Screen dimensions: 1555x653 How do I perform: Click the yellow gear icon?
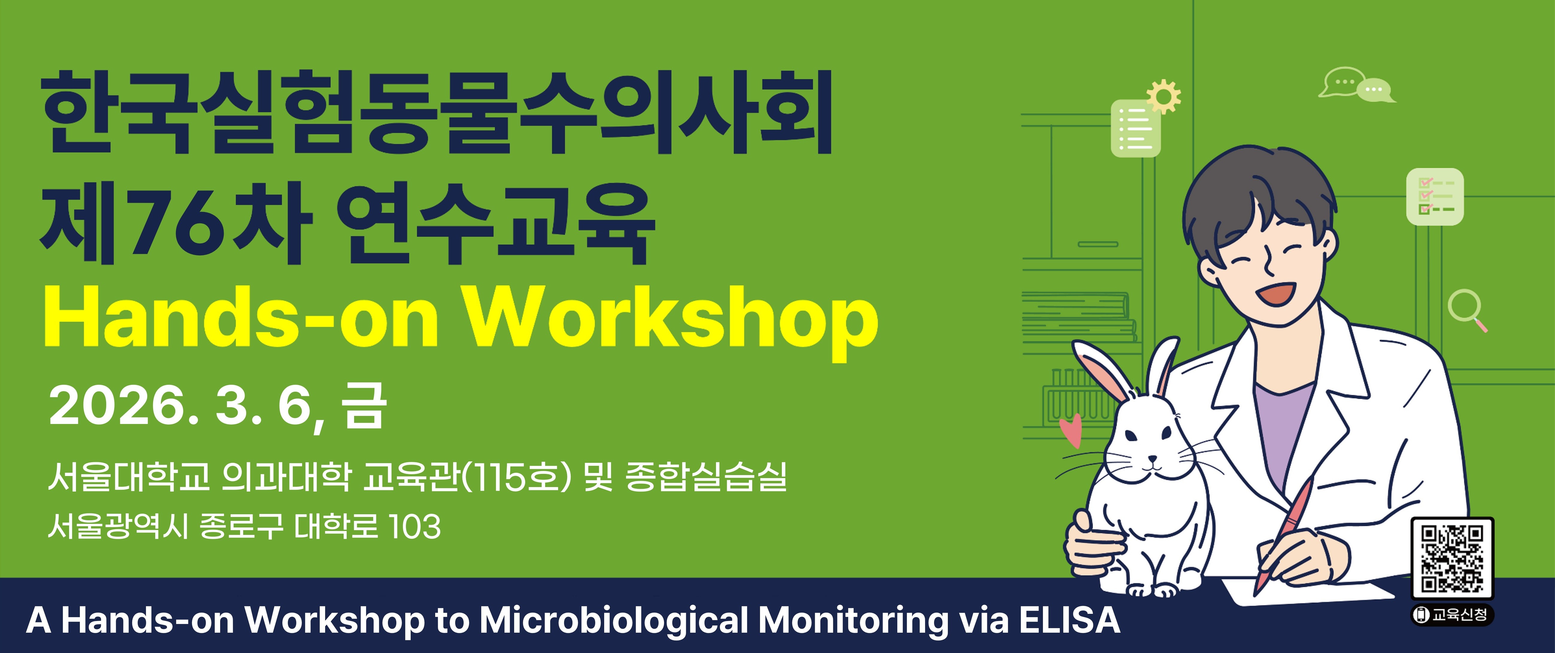coord(1163,97)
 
